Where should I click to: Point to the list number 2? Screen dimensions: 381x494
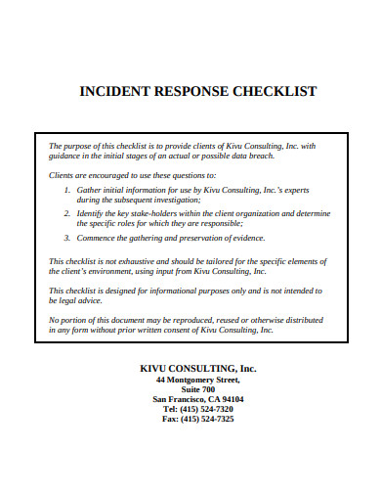[65, 212]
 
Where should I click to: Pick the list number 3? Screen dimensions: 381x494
[65, 237]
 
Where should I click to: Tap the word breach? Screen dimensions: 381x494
[258, 156]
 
